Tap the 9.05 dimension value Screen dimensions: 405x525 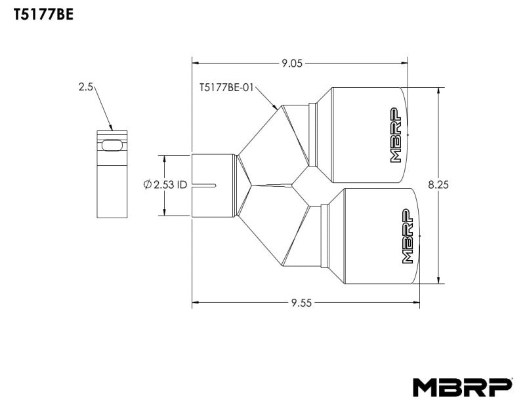[292, 64]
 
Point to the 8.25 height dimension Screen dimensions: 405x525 [438, 185]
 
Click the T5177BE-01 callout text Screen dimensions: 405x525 [226, 87]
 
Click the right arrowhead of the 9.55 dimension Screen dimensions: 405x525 [417, 303]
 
